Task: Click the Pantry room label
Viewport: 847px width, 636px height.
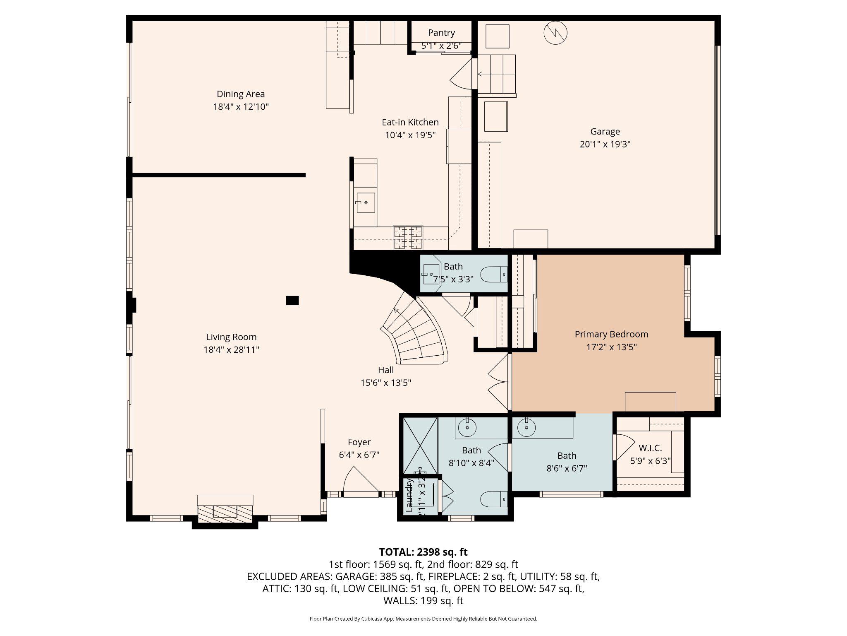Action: click(441, 33)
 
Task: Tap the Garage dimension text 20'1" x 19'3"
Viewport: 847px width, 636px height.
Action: click(605, 144)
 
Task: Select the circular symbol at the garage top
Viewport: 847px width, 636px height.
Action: click(555, 33)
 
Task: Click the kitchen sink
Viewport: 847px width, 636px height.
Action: click(366, 203)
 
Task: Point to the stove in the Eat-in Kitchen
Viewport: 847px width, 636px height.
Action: click(408, 238)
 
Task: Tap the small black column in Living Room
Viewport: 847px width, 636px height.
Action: click(292, 300)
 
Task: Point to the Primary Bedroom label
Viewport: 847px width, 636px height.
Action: click(611, 334)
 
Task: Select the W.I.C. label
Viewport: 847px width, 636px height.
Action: click(650, 448)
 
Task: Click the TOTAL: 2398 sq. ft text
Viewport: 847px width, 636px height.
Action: click(423, 552)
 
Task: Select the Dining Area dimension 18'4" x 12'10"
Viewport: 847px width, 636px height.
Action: click(241, 107)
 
